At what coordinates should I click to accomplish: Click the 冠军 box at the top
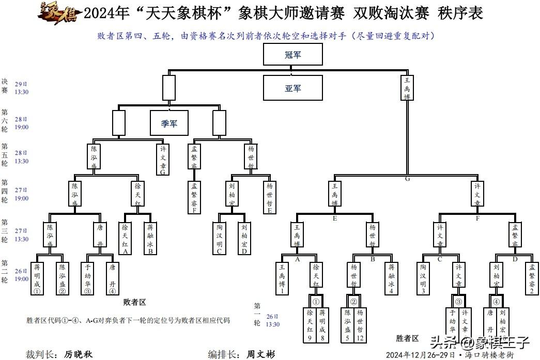(293, 54)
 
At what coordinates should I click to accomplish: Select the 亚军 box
(293, 88)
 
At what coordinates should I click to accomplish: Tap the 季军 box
(169, 123)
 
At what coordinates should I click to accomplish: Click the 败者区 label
(135, 302)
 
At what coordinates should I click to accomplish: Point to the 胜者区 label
(407, 338)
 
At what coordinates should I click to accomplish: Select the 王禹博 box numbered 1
(282, 278)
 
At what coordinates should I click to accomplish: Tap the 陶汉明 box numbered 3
(423, 278)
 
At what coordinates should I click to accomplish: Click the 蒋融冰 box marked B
(150, 239)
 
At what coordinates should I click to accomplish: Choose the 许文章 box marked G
(163, 159)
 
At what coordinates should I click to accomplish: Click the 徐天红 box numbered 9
(310, 325)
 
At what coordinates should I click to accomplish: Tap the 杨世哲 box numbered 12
(360, 325)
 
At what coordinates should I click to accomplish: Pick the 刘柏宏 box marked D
(244, 239)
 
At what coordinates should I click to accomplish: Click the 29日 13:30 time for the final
(21, 88)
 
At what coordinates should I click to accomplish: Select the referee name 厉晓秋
(79, 354)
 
